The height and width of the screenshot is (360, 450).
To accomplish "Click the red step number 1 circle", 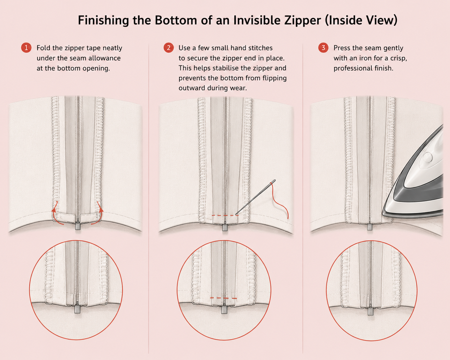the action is click(26, 48).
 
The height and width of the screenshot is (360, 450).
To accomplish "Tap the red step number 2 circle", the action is click(169, 48).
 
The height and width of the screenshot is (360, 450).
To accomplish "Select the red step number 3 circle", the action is click(323, 48).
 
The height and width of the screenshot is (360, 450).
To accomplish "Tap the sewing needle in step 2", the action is click(255, 197).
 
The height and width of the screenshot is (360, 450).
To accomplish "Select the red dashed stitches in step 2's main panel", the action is click(225, 215).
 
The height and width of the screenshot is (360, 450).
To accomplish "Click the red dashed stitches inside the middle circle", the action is click(223, 298).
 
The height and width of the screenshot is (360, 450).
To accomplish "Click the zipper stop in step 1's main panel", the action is click(78, 226).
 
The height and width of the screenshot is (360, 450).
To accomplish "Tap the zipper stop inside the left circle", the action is click(77, 309).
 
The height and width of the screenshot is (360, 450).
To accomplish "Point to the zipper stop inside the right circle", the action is click(370, 311).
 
